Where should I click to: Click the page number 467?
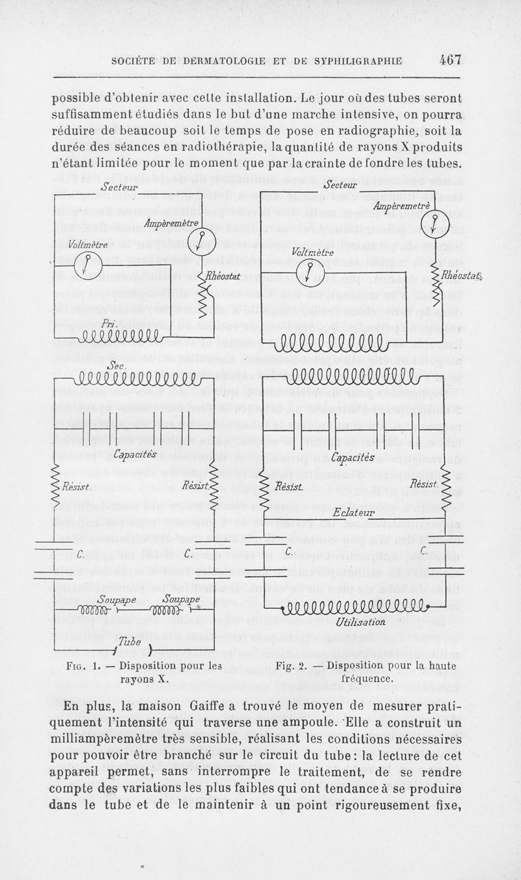[x=450, y=60]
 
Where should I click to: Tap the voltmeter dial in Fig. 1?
[x=85, y=264]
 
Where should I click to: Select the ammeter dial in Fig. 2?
[x=431, y=225]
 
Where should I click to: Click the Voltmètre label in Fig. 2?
[x=313, y=252]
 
